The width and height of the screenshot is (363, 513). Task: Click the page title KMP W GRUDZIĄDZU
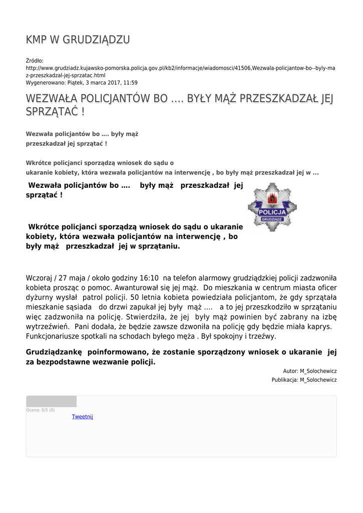[78, 40]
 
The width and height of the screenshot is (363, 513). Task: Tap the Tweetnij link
[82, 417]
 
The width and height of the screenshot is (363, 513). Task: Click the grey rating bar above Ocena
[52, 401]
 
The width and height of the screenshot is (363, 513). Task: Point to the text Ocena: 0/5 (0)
[41, 410]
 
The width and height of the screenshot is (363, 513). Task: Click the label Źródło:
[35, 61]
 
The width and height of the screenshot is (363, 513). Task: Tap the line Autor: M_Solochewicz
[310, 371]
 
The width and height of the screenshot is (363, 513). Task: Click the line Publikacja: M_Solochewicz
[304, 380]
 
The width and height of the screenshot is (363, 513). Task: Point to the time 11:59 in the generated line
[130, 83]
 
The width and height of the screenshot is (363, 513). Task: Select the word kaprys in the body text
[315, 326]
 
